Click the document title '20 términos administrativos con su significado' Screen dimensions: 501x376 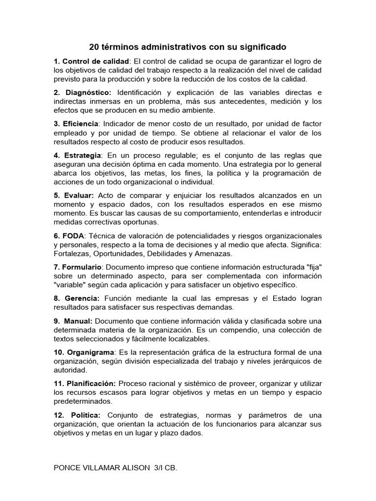188,47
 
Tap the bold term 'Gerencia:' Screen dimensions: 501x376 81,298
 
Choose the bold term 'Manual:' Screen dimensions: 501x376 78,321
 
